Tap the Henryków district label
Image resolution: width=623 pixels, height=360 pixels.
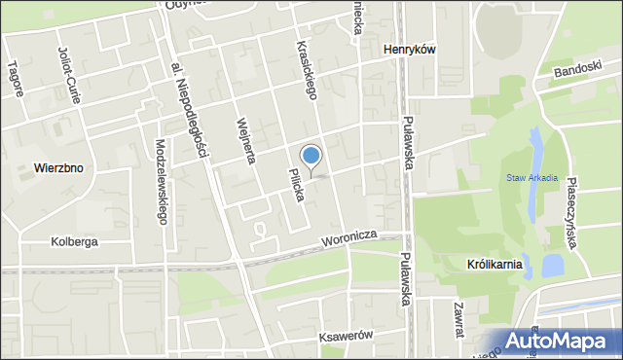tap(409, 51)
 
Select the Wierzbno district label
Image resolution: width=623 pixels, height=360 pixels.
tap(58, 167)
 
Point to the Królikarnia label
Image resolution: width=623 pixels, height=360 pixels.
tap(495, 264)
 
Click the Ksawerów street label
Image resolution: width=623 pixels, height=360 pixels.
tap(347, 336)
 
